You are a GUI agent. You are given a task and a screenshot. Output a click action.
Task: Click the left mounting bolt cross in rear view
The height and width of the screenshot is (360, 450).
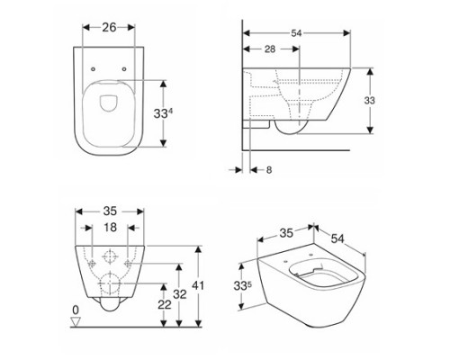93,260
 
